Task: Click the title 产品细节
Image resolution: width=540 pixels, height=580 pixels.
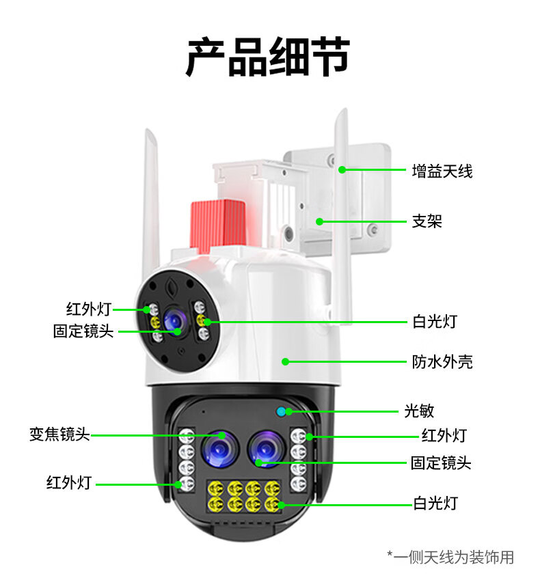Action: (268, 57)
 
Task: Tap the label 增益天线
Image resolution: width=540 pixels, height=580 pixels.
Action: (442, 170)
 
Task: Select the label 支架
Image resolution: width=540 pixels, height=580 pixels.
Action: (427, 221)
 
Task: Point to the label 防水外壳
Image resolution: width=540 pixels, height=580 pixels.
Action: (442, 361)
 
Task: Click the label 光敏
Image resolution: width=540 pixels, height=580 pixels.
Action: (419, 411)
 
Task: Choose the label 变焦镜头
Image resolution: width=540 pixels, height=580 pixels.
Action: (59, 434)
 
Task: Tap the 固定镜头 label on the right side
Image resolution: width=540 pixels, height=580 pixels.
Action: (441, 462)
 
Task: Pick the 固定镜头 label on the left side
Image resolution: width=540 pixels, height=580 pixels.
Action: (83, 331)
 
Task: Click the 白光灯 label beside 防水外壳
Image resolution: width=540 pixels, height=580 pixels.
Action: (434, 320)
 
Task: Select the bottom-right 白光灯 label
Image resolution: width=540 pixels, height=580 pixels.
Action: (435, 503)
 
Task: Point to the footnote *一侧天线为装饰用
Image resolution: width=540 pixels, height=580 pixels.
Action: (450, 557)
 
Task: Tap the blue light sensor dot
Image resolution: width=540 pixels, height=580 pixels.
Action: (281, 411)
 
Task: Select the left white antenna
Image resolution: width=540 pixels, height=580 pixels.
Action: (151, 198)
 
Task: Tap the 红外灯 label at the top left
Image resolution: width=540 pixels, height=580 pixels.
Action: (88, 309)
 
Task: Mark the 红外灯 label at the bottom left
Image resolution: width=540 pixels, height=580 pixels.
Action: (68, 483)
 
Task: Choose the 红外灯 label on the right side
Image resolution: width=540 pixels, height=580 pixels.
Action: (443, 436)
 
